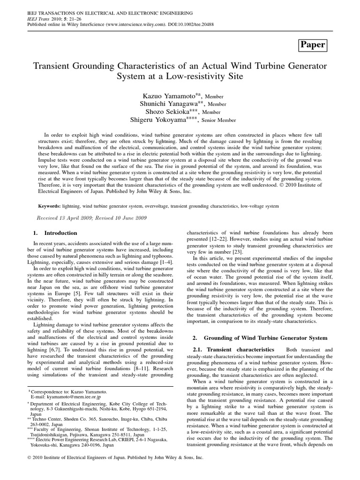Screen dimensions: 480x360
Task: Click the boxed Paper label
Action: [x=312, y=45]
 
